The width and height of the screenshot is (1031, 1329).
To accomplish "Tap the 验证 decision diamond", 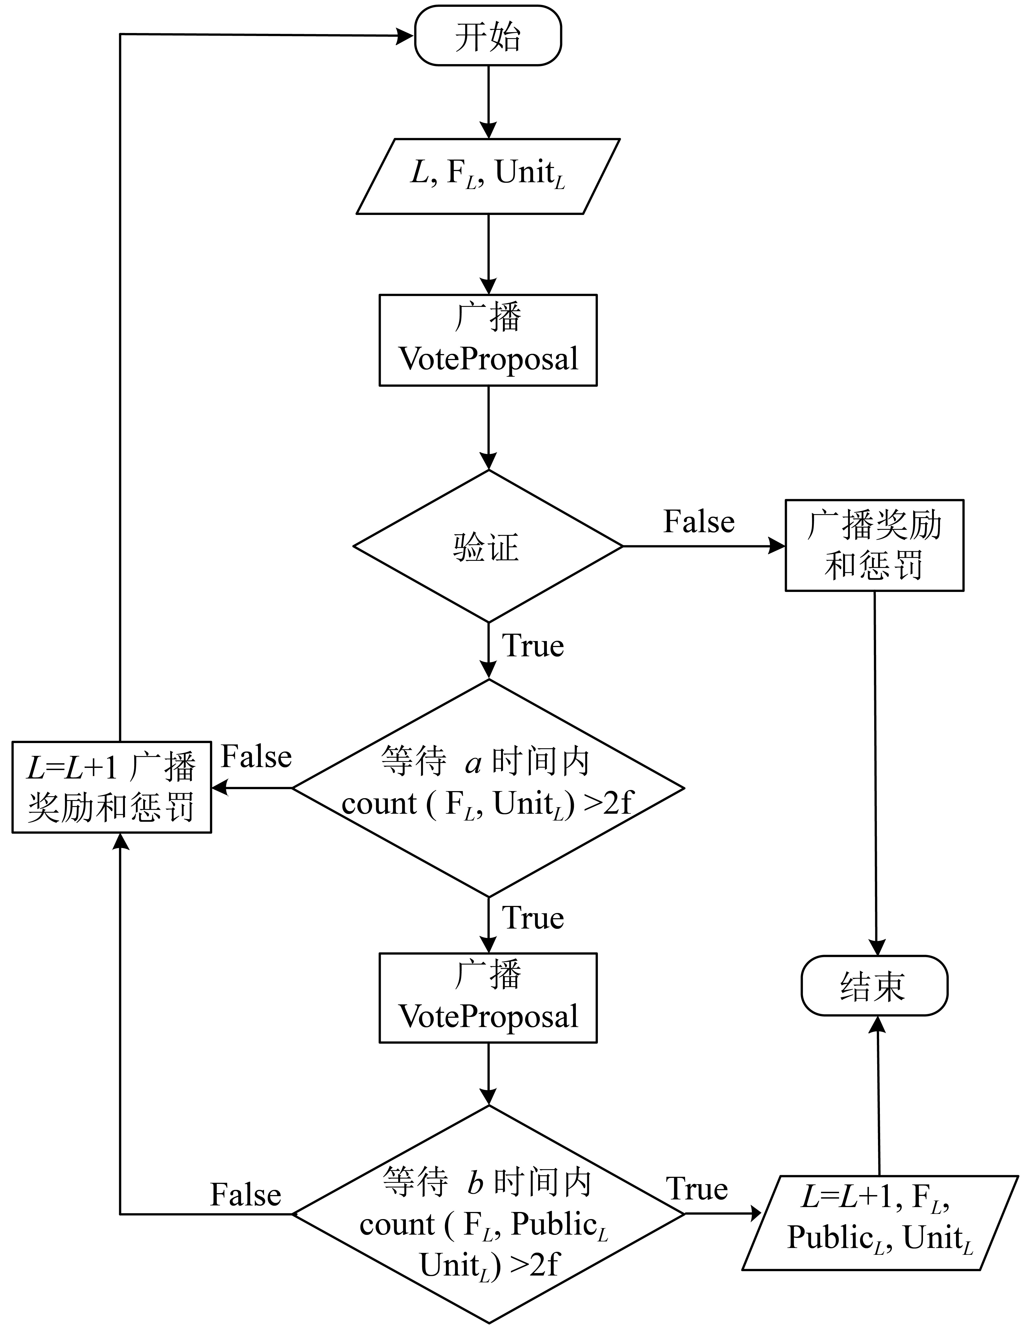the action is click(x=488, y=546).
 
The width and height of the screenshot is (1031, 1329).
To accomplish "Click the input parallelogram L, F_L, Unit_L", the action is click(x=488, y=176).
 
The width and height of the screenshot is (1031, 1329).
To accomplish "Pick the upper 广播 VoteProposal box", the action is click(x=488, y=340).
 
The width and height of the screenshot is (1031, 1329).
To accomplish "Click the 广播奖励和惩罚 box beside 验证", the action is click(x=875, y=545).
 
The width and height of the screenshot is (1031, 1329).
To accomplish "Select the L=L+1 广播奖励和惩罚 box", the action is click(x=112, y=788).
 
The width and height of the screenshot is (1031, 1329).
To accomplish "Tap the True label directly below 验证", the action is click(x=533, y=646).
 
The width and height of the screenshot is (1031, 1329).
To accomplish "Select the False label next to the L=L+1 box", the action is click(x=256, y=757).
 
